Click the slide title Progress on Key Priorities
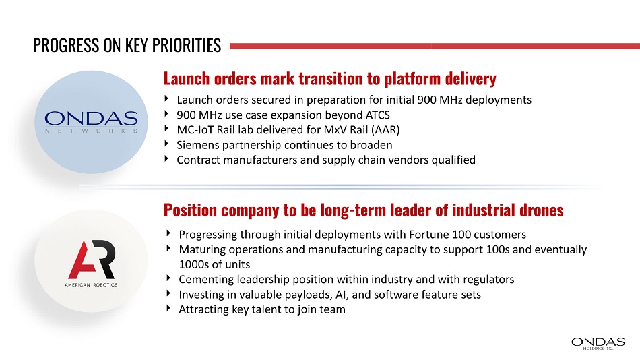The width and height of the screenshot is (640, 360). coord(127,45)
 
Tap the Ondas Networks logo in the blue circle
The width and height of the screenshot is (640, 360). coord(91,122)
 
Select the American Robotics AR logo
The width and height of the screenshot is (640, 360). coord(92,263)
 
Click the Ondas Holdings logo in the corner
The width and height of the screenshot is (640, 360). coord(598,344)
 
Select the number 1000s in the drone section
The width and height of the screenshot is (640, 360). coord(193,264)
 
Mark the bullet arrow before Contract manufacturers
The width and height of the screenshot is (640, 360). coord(166,158)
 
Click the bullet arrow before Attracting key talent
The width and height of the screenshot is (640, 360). coord(168,307)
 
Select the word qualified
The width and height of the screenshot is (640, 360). coord(453,160)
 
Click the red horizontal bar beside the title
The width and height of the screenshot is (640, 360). coord(435,46)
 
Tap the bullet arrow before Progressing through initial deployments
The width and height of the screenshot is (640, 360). coord(168,233)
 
